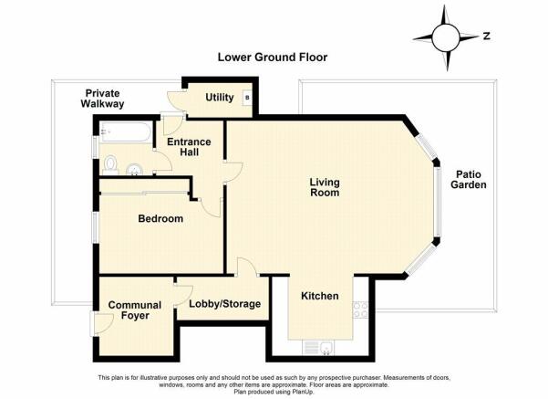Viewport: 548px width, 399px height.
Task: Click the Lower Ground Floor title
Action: [273, 57]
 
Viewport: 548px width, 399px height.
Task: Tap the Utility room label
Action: [220, 98]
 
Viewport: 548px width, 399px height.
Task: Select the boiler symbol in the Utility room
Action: [247, 98]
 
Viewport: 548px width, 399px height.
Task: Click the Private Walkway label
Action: [102, 99]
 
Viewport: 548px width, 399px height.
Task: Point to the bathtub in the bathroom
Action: [125, 132]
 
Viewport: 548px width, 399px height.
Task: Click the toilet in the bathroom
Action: [110, 165]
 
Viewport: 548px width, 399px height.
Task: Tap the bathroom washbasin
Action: [135, 170]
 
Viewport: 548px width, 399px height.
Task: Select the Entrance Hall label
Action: [189, 147]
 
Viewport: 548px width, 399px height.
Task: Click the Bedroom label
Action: [160, 219]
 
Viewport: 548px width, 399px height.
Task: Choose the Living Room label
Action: [325, 187]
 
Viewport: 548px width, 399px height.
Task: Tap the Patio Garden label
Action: [469, 180]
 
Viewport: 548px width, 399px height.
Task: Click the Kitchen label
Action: [320, 296]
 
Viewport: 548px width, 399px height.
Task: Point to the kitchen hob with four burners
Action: [361, 310]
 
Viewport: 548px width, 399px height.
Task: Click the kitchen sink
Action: [326, 348]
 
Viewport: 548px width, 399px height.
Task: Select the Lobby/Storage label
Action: [224, 304]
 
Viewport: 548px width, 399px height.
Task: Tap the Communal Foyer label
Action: [135, 310]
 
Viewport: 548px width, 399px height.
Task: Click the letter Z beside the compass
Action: [487, 36]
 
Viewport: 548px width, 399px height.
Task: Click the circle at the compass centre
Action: [445, 37]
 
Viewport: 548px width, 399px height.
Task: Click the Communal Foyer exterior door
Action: [101, 324]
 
